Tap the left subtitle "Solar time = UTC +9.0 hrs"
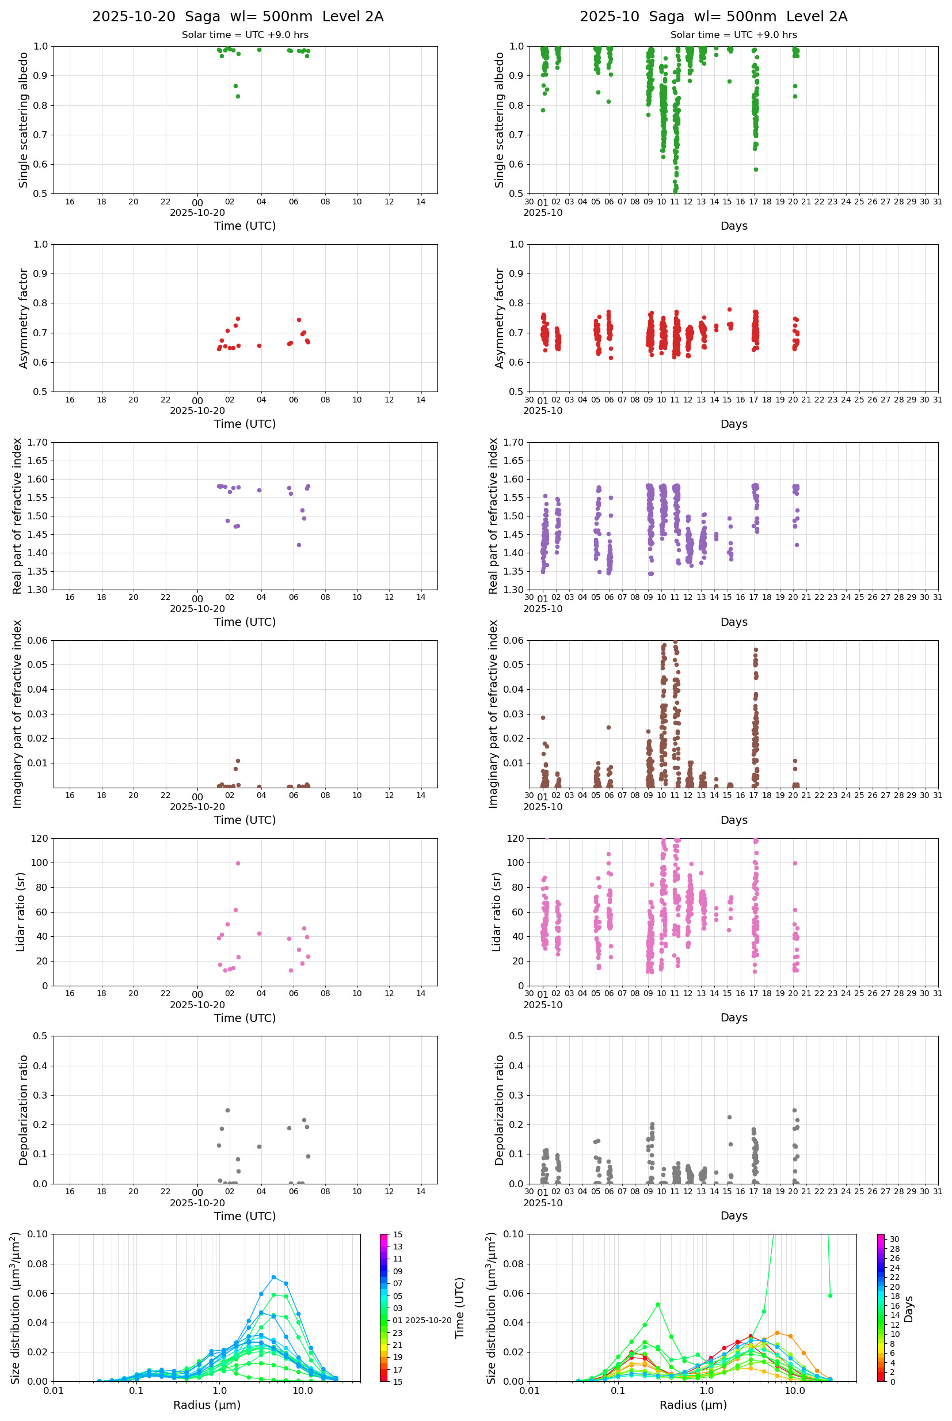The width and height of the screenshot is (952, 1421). click(245, 35)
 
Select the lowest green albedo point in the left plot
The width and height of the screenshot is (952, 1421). click(238, 97)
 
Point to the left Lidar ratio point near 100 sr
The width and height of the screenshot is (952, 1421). click(238, 863)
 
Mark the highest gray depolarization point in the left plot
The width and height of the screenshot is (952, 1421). click(228, 1110)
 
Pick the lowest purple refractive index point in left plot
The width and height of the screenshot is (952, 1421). click(299, 545)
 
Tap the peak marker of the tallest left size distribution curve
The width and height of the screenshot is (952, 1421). click(274, 1277)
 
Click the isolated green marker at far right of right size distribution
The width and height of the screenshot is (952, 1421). click(830, 1295)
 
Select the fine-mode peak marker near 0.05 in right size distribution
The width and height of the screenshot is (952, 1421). click(657, 1304)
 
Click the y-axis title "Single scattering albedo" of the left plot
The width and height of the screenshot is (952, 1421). click(24, 120)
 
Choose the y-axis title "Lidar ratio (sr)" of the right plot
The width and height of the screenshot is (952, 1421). click(497, 911)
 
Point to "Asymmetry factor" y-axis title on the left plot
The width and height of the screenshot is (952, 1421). click(24, 318)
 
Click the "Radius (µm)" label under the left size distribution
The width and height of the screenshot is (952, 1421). click(207, 1405)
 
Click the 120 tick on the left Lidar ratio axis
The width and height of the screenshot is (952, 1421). click(40, 839)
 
